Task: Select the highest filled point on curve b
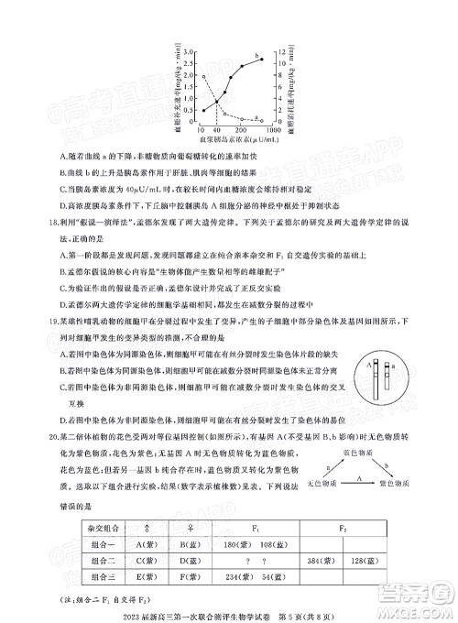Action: pyautogui.click(x=262, y=59)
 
